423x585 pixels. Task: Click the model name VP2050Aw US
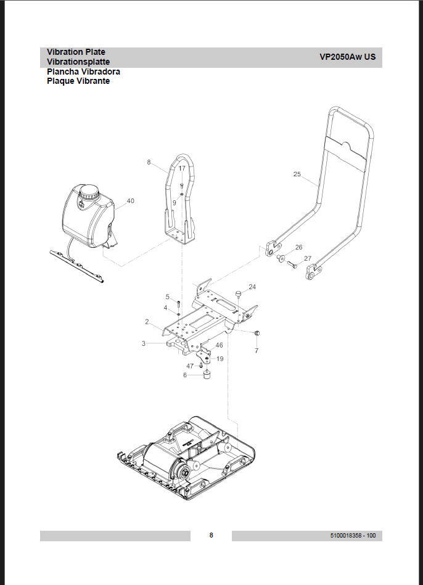(x=347, y=57)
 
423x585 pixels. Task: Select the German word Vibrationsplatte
(x=78, y=62)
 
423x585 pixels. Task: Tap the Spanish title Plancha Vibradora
(x=83, y=72)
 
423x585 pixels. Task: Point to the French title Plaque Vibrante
(x=78, y=81)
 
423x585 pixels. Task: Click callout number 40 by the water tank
(x=130, y=201)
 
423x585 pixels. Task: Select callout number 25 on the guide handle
(x=297, y=174)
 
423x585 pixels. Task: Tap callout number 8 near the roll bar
(x=149, y=162)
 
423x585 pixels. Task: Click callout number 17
(x=182, y=168)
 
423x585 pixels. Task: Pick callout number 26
(x=298, y=247)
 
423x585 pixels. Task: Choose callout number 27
(x=308, y=258)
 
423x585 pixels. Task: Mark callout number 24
(x=252, y=287)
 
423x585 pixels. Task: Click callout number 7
(x=257, y=350)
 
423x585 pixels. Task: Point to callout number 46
(x=219, y=345)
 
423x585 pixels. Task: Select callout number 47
(x=190, y=366)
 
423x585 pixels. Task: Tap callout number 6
(x=184, y=375)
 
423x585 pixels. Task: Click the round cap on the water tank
(x=89, y=192)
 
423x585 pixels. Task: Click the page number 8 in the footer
(x=211, y=535)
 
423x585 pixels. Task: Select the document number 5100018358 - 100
(x=353, y=536)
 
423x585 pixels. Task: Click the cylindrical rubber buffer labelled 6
(x=207, y=375)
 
